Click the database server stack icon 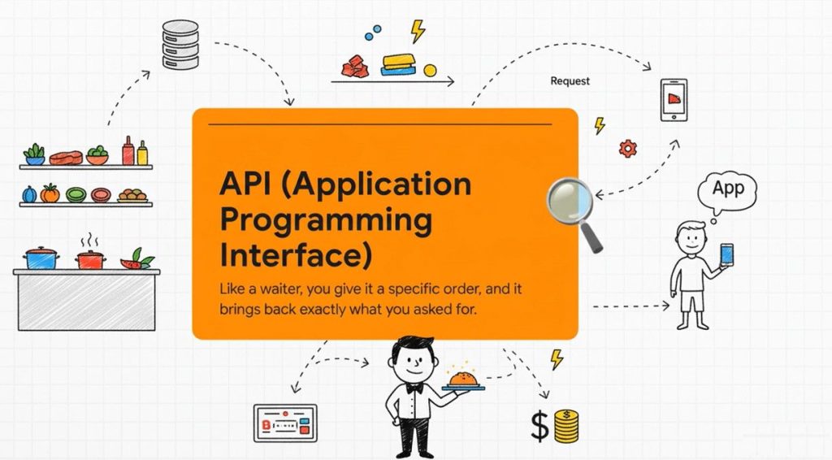[180, 45]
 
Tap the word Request [570, 81]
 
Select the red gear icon [628, 148]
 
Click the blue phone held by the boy [726, 254]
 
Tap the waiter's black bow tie [414, 388]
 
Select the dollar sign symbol [540, 427]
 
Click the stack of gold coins [566, 426]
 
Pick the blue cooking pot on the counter [41, 258]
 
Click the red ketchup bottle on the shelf [128, 150]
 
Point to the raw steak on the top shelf [67, 158]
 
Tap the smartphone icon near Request [674, 100]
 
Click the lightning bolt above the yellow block [418, 32]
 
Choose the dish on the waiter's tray [464, 378]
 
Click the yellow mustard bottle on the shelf [142, 153]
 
